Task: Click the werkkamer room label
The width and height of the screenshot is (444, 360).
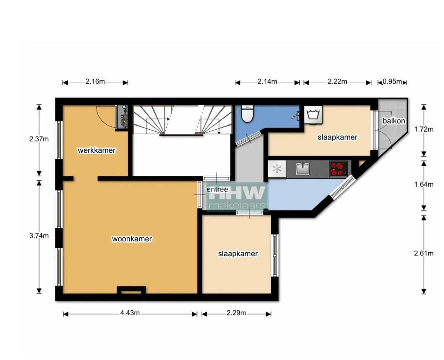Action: [96, 150]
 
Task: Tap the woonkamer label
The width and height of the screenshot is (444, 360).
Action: [132, 239]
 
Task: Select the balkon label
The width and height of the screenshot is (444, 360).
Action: [394, 121]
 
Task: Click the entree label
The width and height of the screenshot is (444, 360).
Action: [217, 189]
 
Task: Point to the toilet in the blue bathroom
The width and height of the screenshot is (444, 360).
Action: [247, 114]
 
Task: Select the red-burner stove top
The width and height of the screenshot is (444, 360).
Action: [338, 169]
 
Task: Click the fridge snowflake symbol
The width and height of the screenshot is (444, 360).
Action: [277, 169]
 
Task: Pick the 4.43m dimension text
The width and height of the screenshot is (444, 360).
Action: [130, 313]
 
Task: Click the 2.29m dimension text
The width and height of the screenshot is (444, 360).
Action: [236, 313]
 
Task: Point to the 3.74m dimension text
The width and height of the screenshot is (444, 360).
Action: [39, 236]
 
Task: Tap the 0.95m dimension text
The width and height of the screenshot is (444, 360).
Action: [392, 82]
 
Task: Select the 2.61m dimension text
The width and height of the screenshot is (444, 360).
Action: [424, 253]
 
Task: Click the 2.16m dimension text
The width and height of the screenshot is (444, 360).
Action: [95, 81]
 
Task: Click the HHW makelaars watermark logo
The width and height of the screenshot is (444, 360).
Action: [237, 197]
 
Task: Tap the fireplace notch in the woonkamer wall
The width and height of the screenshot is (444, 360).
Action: [131, 290]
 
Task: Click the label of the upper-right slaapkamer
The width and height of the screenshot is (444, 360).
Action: [337, 137]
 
